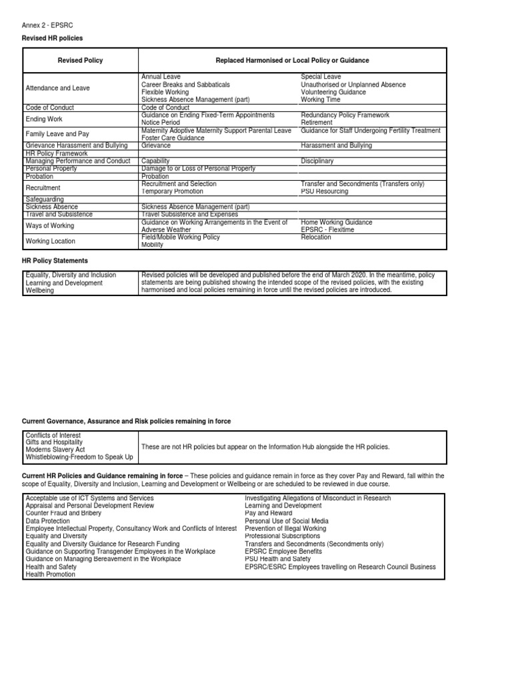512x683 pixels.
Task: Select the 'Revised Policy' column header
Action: (81, 61)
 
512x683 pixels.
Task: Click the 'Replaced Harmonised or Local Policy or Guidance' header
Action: (292, 61)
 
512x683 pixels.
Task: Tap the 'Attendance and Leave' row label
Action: (57, 88)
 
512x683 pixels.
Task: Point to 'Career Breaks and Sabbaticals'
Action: (185, 85)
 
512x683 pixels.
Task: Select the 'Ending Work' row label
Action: (44, 119)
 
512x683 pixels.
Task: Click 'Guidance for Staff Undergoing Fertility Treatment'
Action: (371, 131)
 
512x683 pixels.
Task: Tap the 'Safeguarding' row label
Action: (45, 199)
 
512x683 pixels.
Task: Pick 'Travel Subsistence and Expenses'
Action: (189, 214)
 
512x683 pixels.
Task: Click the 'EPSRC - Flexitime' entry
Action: (327, 229)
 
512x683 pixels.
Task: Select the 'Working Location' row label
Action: (50, 241)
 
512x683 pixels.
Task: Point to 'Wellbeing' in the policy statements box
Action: (41, 290)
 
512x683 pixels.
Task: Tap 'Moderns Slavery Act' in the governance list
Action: (55, 450)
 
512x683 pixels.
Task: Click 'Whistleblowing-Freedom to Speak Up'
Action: (79, 457)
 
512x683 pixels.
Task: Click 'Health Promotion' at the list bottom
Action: (50, 574)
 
